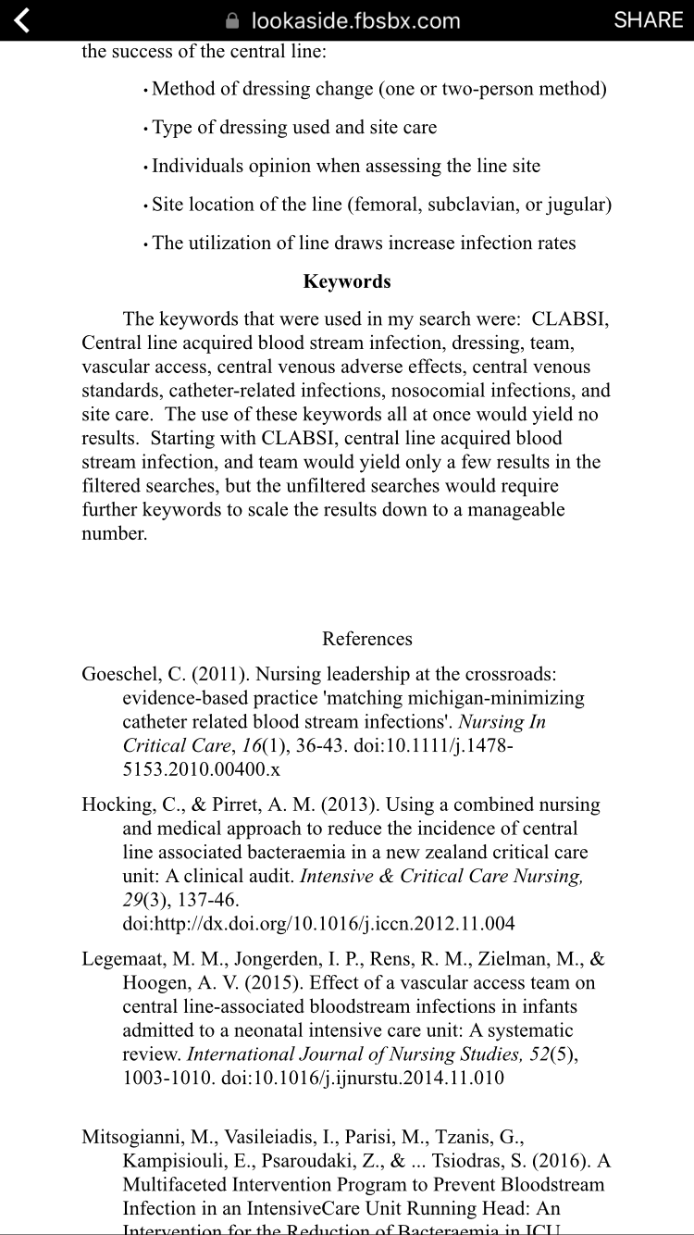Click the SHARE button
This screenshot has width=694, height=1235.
pyautogui.click(x=649, y=20)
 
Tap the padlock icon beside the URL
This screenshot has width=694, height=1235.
pyautogui.click(x=233, y=21)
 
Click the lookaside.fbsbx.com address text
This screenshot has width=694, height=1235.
pyautogui.click(x=355, y=21)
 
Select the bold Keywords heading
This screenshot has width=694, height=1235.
pyautogui.click(x=347, y=281)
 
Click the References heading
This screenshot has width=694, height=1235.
pyautogui.click(x=367, y=639)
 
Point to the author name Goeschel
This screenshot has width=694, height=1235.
pyautogui.click(x=117, y=674)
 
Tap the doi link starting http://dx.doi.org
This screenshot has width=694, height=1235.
pyautogui.click(x=318, y=923)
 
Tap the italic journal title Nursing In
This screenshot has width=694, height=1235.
pyautogui.click(x=502, y=722)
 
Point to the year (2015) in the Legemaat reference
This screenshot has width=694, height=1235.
pyautogui.click(x=276, y=983)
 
